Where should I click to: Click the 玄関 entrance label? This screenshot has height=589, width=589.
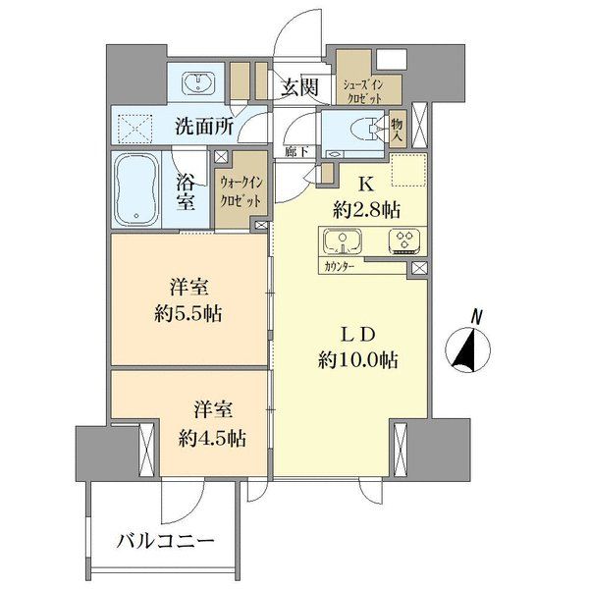click(300, 87)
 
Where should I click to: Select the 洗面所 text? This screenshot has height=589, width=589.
click(204, 126)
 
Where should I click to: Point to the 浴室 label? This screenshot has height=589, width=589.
click(187, 192)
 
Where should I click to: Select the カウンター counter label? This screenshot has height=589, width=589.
click(339, 266)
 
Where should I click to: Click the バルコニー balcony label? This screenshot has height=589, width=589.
click(165, 540)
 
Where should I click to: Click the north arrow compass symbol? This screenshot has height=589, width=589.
click(469, 349)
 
